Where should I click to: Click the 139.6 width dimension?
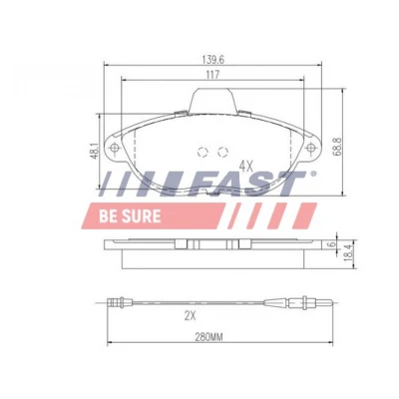pos(213,60)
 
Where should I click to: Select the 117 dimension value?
pos(212,75)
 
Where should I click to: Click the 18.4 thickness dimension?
pos(348,253)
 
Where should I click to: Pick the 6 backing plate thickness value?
pos(330,244)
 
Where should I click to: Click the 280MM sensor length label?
pos(208,337)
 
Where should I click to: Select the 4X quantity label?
pos(246,166)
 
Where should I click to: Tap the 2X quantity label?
pos(191,316)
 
